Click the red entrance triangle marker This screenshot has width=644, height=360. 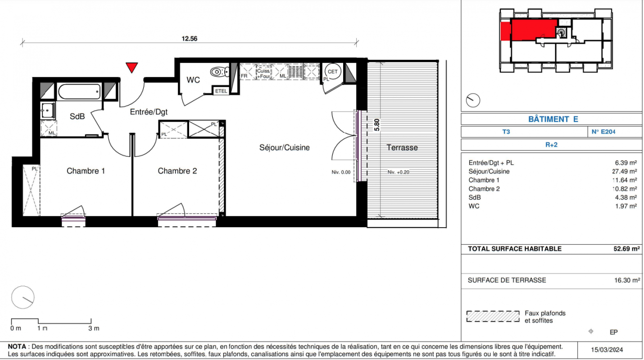click(132, 67)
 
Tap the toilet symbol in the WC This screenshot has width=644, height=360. click(220, 72)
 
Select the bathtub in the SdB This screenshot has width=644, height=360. click(79, 91)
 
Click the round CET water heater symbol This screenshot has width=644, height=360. click(333, 72)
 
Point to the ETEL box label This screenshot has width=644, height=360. click(221, 91)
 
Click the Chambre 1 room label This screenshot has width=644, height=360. click(86, 171)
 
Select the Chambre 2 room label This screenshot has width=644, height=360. click(177, 171)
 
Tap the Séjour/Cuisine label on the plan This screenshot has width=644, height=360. click(285, 148)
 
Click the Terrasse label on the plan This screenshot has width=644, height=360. click(402, 148)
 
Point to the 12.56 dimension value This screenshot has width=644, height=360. click(190, 39)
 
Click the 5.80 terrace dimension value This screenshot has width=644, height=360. click(376, 125)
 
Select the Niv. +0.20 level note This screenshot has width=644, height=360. click(398, 172)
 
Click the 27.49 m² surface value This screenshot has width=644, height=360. click(625, 171)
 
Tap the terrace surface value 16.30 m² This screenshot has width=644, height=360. click(627, 280)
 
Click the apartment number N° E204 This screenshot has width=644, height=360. click(603, 132)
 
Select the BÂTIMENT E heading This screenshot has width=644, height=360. click(553, 119)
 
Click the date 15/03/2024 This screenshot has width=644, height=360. click(607, 350)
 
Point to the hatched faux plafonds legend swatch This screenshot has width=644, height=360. click(493, 316)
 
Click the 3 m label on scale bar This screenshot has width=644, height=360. click(94, 328)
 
